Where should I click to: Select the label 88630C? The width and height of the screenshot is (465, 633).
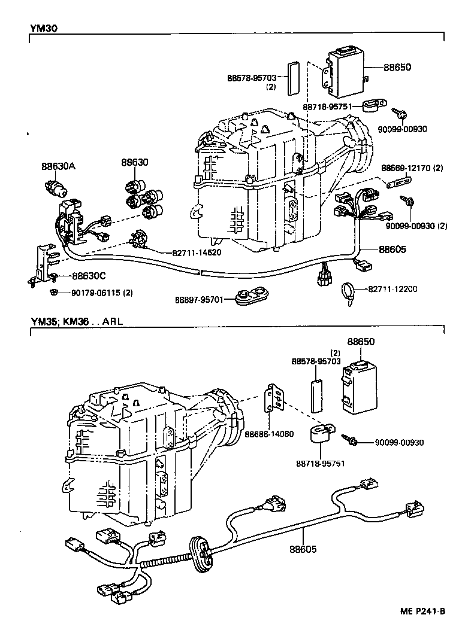coord(89,276)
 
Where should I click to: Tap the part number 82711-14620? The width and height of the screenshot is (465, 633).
coord(197,252)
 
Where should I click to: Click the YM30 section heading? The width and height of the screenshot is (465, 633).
coord(44,28)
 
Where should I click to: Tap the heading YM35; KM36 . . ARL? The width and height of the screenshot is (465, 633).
coord(77,321)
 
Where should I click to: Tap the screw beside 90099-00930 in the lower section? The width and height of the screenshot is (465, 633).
coord(351,441)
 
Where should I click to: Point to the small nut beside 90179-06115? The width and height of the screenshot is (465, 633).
coord(55,291)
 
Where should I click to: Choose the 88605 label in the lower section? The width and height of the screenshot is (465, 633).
coord(303,548)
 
